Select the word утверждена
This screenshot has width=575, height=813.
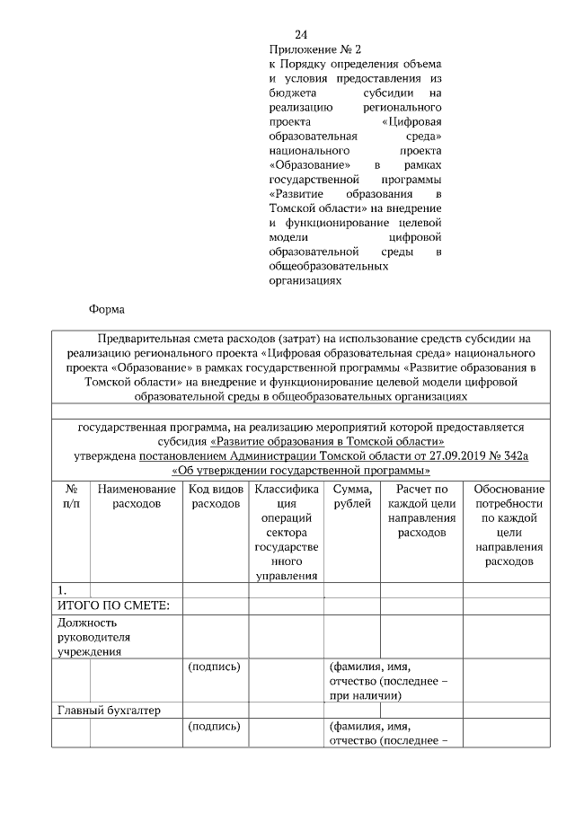click(104, 455)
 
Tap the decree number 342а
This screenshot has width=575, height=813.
click(515, 455)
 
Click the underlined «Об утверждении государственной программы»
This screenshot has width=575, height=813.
click(300, 470)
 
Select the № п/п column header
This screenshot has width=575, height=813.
click(71, 497)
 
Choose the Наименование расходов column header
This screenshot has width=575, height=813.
click(137, 497)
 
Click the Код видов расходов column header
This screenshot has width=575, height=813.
click(216, 497)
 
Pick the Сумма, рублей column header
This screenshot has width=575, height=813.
click(351, 497)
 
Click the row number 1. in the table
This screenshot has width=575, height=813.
click(62, 590)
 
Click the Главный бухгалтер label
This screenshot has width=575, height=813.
click(109, 711)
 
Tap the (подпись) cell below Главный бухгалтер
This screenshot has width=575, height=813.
click(215, 726)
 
